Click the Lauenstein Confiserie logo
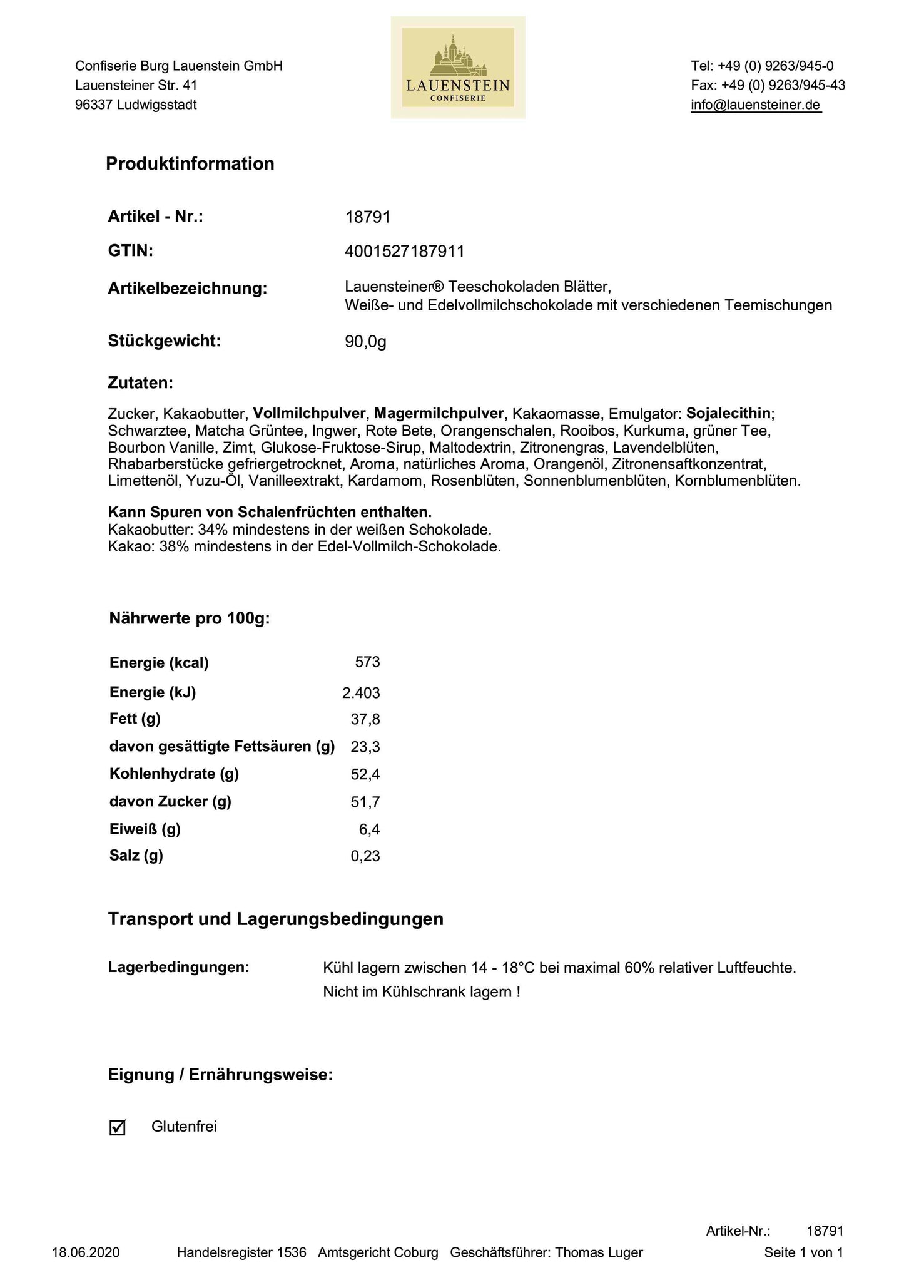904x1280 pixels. click(458, 68)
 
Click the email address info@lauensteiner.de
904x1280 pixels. click(755, 105)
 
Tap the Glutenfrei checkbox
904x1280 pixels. click(118, 1127)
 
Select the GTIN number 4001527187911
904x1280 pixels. click(404, 252)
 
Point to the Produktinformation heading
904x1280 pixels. click(190, 164)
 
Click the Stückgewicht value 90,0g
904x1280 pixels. click(365, 342)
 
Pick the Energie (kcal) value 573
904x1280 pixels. click(367, 662)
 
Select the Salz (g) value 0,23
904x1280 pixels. click(365, 856)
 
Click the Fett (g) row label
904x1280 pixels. click(135, 719)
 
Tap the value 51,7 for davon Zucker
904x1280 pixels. click(365, 802)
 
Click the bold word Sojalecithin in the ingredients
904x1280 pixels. click(728, 414)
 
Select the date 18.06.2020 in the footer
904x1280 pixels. click(86, 1252)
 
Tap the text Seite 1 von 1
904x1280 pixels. click(803, 1252)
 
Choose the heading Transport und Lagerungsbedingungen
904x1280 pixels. click(276, 919)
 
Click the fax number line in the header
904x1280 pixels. click(768, 86)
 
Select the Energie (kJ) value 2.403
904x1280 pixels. click(361, 692)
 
